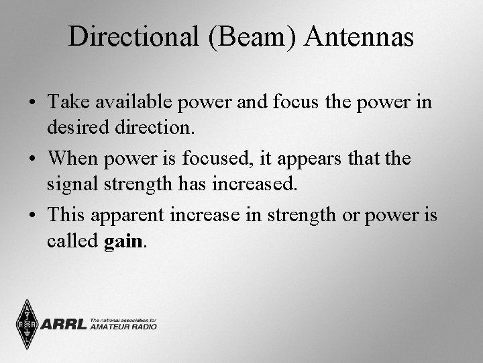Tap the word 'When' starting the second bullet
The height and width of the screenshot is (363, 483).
click(74, 159)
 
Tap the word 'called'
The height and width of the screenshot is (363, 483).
click(73, 240)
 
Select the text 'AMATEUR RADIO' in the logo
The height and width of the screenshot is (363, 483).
click(123, 327)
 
